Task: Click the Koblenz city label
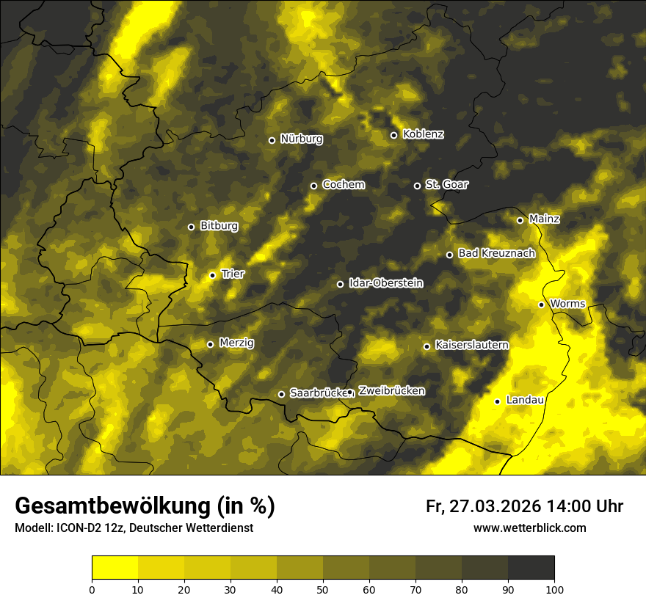pos(424,134)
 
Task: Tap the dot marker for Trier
pos(213,275)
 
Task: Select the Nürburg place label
pos(301,139)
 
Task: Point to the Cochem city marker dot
pos(314,186)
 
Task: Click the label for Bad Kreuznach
pos(496,253)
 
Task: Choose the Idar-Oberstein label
pos(385,282)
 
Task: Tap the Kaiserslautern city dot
pos(427,346)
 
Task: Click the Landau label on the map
pos(525,400)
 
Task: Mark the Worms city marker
pos(542,304)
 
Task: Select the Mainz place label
pos(544,219)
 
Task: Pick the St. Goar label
pos(446,184)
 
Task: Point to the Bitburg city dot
pos(192,227)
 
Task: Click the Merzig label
pos(236,343)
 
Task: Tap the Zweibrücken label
pos(391,391)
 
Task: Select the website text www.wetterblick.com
pos(529,528)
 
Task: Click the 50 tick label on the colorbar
pos(323,588)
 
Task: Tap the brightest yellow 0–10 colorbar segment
pos(115,567)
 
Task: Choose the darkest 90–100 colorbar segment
pos(531,567)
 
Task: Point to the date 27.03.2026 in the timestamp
pos(494,506)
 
